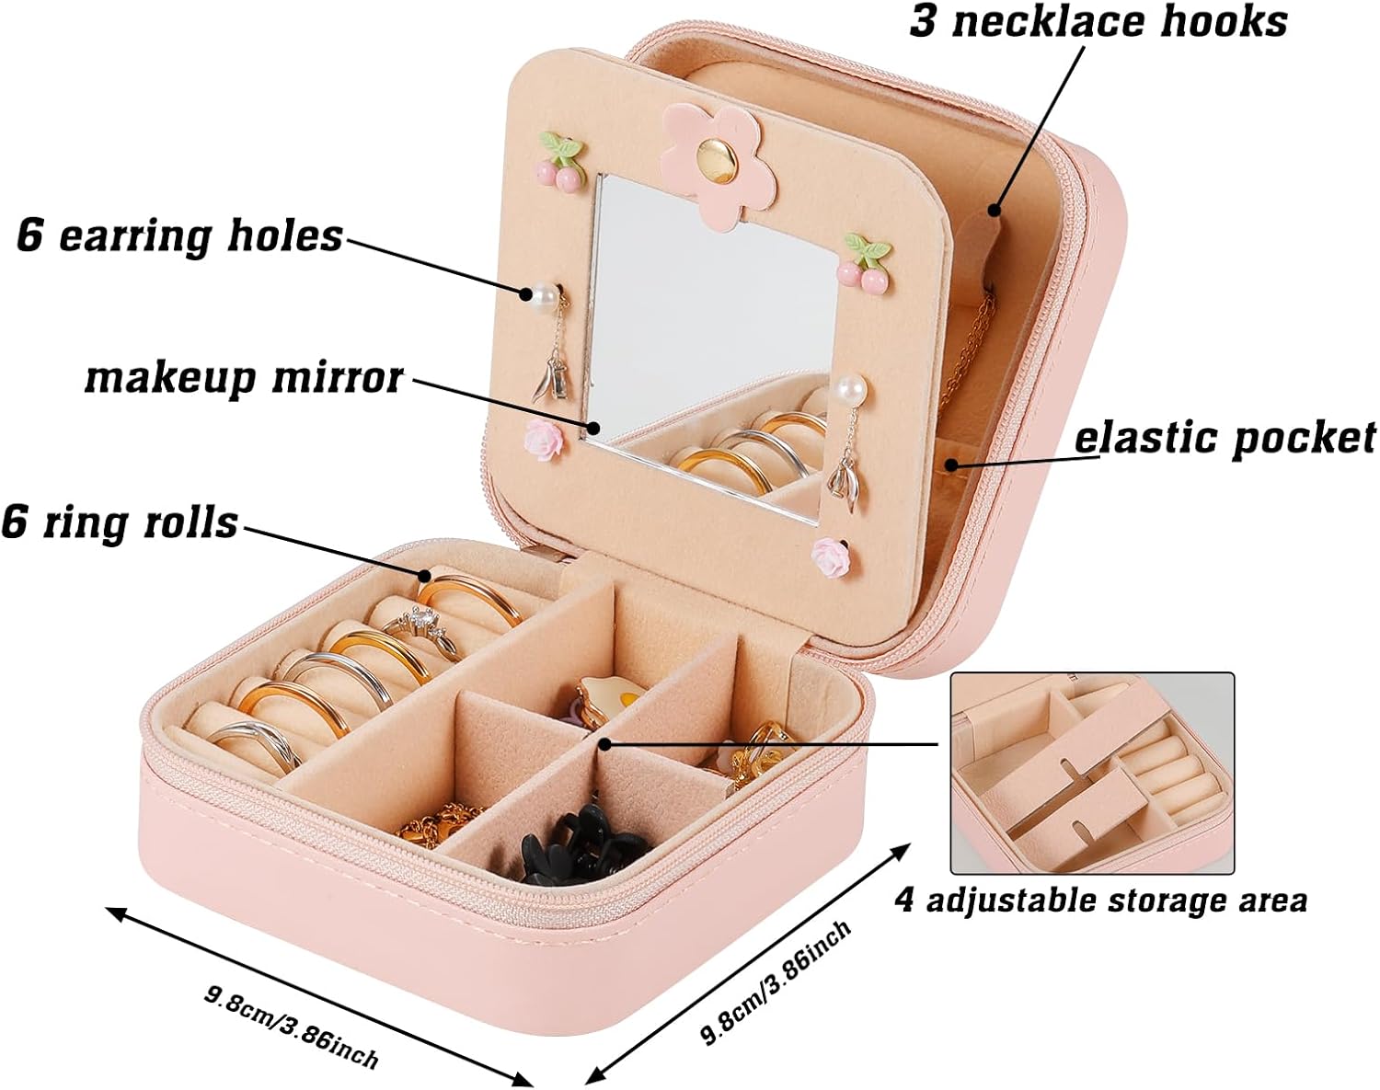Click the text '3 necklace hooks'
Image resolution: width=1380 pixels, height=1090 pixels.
coord(1098,22)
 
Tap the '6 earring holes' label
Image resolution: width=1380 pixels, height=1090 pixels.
coord(180,235)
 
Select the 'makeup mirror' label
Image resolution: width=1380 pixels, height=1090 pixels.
coord(244,377)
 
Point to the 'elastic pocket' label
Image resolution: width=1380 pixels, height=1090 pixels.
coord(1225,438)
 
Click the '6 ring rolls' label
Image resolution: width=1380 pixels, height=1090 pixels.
coord(121,522)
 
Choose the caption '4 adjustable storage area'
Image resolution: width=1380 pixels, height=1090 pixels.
coord(1100,900)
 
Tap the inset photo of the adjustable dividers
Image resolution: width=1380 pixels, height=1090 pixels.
coord(1091,773)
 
